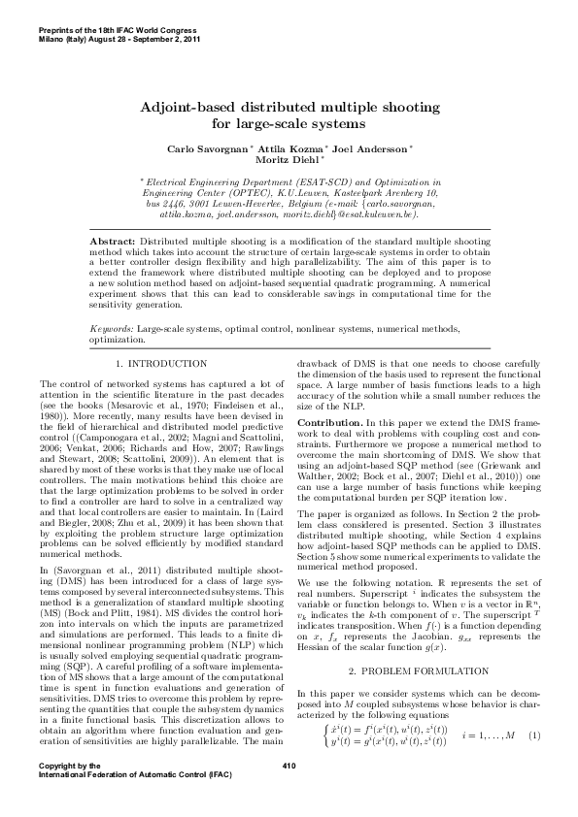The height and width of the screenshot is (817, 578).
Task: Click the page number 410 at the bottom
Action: (288, 793)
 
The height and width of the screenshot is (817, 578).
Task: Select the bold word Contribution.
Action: (331, 424)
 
